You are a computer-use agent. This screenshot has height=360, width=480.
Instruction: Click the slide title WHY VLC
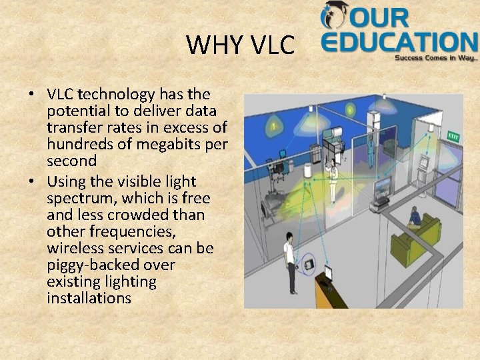tap(240, 45)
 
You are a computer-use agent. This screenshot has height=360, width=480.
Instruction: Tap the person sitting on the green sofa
tap(414, 217)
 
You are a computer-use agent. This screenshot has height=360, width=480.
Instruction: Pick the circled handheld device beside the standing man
tap(309, 265)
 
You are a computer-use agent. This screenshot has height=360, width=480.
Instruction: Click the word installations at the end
tap(89, 298)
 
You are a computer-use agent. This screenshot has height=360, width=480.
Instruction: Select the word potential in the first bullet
tap(77, 110)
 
